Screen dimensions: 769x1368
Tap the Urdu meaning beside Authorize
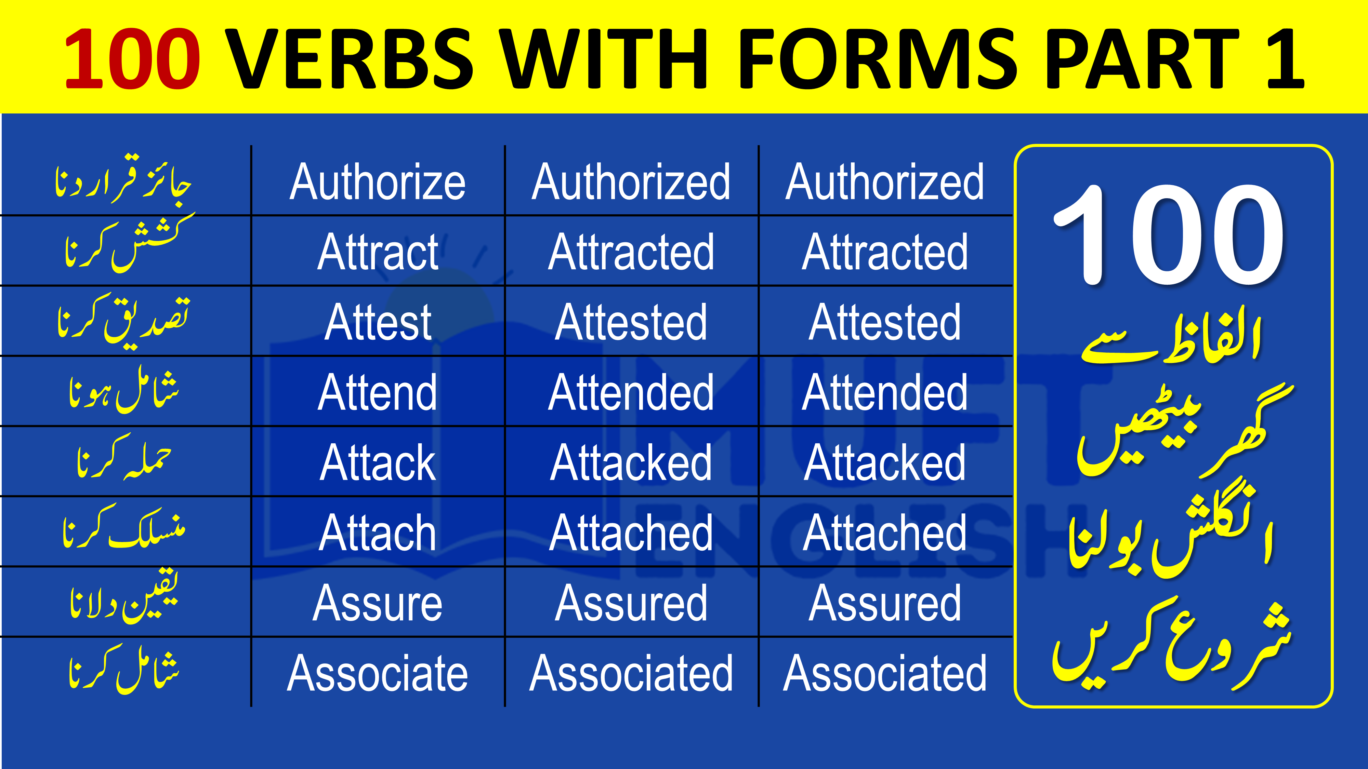point(123,180)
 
